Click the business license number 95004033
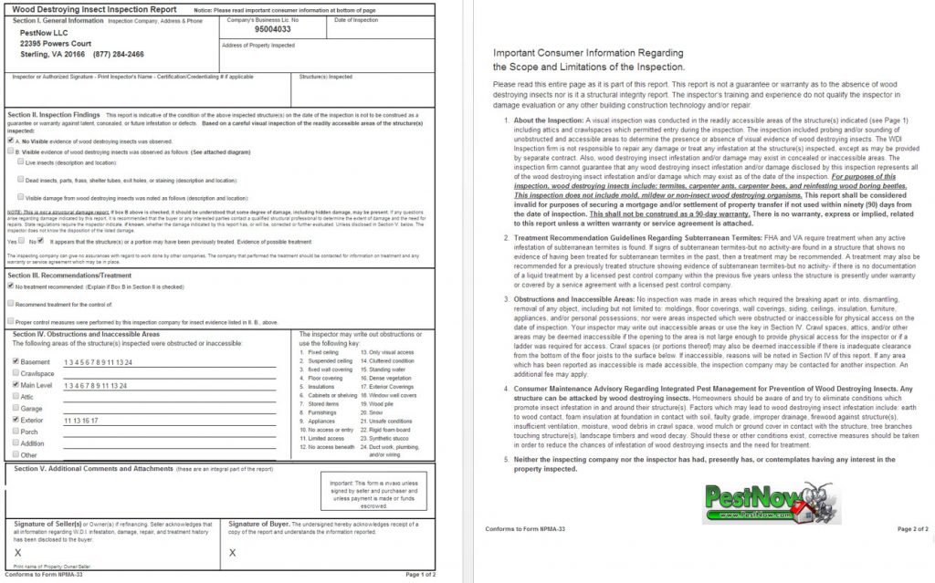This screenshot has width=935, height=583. [x=253, y=28]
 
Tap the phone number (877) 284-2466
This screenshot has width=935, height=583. [x=118, y=54]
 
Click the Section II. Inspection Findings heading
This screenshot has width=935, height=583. [x=54, y=115]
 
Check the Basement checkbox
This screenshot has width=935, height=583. [x=15, y=361]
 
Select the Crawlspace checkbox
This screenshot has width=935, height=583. [x=15, y=373]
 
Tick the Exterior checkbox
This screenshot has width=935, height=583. [x=15, y=420]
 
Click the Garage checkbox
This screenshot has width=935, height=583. [x=15, y=409]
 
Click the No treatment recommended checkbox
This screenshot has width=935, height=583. [x=10, y=286]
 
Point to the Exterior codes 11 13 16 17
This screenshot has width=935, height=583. [x=81, y=421]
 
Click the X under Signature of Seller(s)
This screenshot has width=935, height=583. [x=18, y=553]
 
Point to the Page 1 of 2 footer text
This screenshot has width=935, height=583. [x=421, y=575]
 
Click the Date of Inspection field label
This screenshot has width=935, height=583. [x=356, y=19]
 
